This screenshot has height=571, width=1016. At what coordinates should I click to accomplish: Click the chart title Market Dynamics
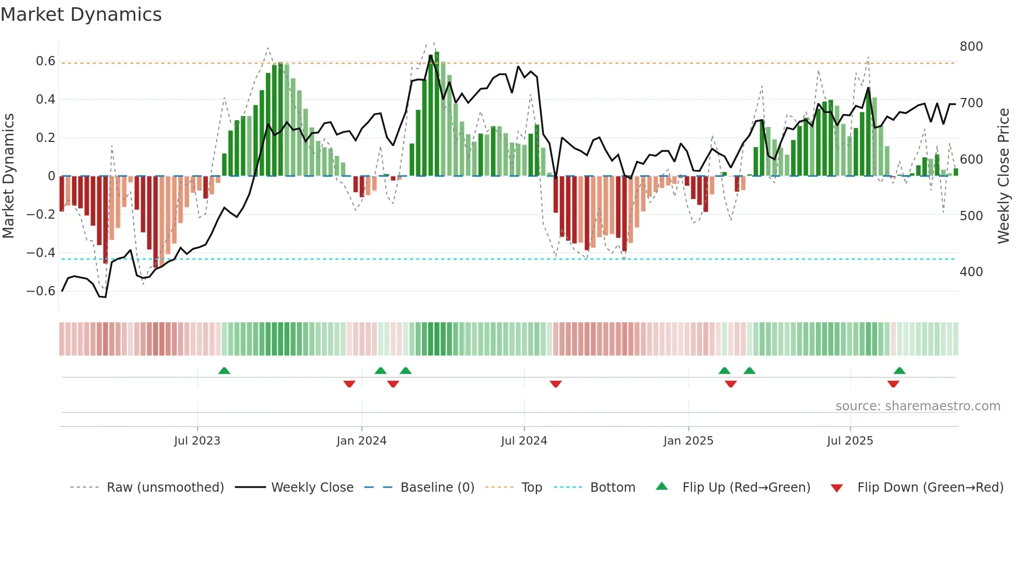81,15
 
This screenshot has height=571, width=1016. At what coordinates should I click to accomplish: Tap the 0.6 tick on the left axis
46,61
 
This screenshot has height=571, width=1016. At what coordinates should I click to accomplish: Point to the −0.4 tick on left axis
41,253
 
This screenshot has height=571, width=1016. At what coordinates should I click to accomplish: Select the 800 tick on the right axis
971,47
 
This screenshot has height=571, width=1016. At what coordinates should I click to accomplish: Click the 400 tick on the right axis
971,272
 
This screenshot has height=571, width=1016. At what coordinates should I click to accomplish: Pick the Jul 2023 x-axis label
197,441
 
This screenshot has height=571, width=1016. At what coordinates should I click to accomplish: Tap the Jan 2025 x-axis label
688,441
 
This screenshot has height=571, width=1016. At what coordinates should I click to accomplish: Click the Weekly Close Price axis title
1004,176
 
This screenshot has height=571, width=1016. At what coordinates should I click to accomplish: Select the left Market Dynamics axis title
8,176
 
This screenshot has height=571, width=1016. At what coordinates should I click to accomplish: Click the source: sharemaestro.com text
918,406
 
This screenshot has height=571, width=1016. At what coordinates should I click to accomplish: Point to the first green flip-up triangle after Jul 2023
224,371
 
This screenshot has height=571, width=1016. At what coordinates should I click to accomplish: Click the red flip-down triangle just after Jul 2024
556,384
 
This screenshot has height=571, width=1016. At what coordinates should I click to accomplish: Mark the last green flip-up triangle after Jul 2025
899,371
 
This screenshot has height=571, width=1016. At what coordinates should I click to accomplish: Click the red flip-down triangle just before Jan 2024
349,384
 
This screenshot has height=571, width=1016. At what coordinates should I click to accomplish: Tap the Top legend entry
531,488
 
